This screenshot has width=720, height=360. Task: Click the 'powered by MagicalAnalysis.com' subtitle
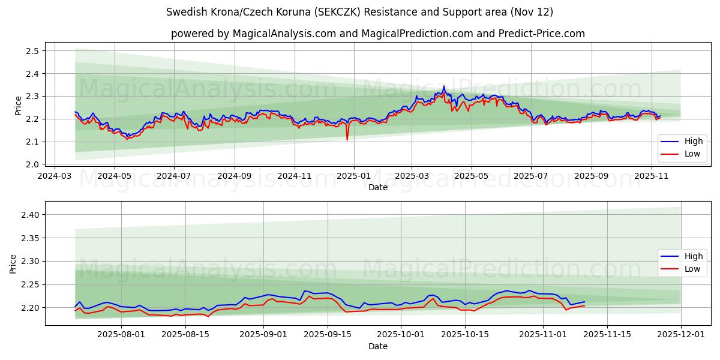(377, 34)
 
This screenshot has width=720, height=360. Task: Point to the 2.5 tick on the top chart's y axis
(32, 51)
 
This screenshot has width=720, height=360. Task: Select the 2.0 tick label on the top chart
(32, 164)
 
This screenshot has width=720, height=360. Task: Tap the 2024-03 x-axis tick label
(55, 176)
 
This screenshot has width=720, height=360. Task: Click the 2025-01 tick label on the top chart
(353, 176)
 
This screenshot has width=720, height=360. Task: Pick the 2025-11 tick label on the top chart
(652, 176)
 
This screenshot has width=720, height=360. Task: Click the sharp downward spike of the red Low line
(347, 140)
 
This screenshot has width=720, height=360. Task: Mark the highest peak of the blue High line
(444, 86)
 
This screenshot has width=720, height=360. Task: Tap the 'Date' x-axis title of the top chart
(377, 187)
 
